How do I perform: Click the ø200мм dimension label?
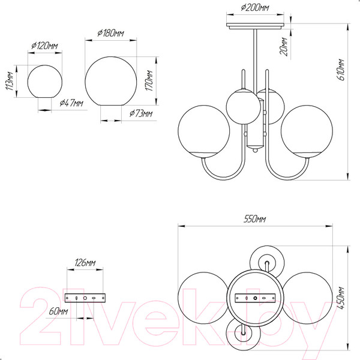255,8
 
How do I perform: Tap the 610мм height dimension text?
341,70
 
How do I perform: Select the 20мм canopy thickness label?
284,47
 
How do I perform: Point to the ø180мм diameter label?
110,33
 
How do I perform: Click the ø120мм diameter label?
44,46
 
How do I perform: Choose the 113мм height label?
10,81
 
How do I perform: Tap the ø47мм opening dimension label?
71,103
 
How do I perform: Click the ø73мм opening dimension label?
141,113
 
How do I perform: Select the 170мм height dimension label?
149,80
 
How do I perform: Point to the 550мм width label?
254,219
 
